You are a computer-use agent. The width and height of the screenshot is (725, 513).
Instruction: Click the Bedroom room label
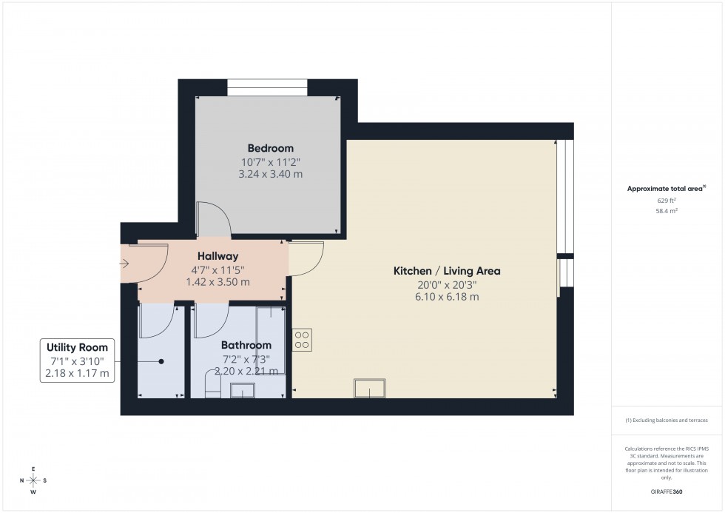[x=270, y=148]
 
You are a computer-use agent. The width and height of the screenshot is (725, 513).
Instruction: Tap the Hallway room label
[x=212, y=256]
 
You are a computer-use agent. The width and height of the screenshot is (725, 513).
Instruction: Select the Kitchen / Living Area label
[x=446, y=271]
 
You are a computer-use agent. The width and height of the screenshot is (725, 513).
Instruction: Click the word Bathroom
[x=246, y=345]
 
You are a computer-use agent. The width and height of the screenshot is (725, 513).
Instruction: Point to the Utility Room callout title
[x=77, y=347]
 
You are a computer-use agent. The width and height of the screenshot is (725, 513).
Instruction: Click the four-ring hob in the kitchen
[x=303, y=339]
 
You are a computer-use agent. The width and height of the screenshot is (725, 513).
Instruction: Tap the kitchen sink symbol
[x=369, y=388]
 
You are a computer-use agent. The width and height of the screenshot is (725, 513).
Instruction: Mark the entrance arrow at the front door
[x=124, y=263]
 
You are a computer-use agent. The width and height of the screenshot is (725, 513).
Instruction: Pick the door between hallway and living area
[x=307, y=259]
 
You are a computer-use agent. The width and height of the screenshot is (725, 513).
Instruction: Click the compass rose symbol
[x=33, y=480]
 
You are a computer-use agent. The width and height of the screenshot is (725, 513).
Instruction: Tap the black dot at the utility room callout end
[x=160, y=361]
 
